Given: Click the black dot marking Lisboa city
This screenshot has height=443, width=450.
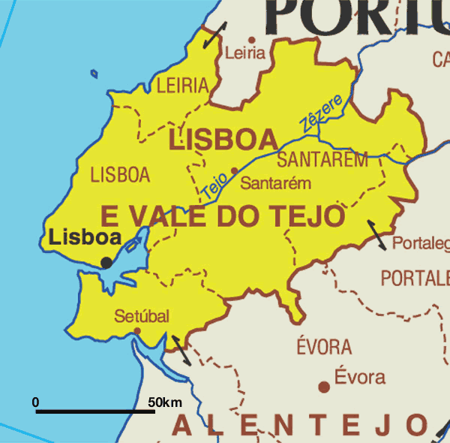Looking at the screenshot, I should coord(107,262).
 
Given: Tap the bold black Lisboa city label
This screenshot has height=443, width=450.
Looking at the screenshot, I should coord(85,238).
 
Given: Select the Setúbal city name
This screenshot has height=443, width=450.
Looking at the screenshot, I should coord(142,315).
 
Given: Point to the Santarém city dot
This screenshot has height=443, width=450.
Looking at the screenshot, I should coord(234,170).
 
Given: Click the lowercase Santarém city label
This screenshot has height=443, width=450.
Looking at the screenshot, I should coord(276,183).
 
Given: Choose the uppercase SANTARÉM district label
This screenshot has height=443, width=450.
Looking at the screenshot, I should coord(322,159).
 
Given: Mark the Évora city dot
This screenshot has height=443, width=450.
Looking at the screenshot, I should coord(324,387).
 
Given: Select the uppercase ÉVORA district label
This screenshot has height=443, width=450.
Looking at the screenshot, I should coord(324,347).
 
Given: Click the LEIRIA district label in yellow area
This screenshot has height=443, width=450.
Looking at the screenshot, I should coord(182,86).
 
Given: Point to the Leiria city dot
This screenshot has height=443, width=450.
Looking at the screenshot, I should coord(251,41).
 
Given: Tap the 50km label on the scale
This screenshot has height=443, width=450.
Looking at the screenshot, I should coord(165,403).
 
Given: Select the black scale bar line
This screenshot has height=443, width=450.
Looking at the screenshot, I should coord(95,411).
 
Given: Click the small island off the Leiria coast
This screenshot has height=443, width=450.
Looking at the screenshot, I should coord(94,74).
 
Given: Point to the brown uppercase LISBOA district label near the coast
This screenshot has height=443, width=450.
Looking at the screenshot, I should coord(120,175).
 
